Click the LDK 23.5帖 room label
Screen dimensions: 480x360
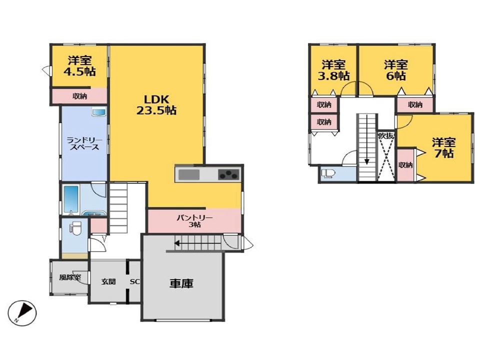tap(156, 104)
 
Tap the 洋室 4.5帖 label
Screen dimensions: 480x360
tap(79, 66)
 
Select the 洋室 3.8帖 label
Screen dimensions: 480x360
tap(333, 70)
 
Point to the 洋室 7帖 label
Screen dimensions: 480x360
tap(443, 147)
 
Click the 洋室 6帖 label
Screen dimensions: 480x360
tap(396, 70)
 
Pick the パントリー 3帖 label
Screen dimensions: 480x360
tap(194, 221)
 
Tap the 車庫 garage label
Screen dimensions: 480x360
tap(181, 283)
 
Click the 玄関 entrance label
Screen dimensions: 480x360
tap(108, 281)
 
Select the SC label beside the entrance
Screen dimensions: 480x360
tap(135, 281)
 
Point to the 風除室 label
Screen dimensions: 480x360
tap(70, 277)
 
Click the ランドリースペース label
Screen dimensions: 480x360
tap(84, 143)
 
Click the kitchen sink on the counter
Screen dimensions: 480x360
tap(189, 175)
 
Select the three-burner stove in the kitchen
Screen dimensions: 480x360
tap(228, 175)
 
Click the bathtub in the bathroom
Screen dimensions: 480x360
tap(71, 199)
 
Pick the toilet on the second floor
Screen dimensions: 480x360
tap(328, 173)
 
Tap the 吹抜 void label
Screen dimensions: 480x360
tap(386, 135)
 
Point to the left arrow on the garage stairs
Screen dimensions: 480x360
tap(197, 243)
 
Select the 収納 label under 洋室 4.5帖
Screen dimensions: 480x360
tap(79, 96)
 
